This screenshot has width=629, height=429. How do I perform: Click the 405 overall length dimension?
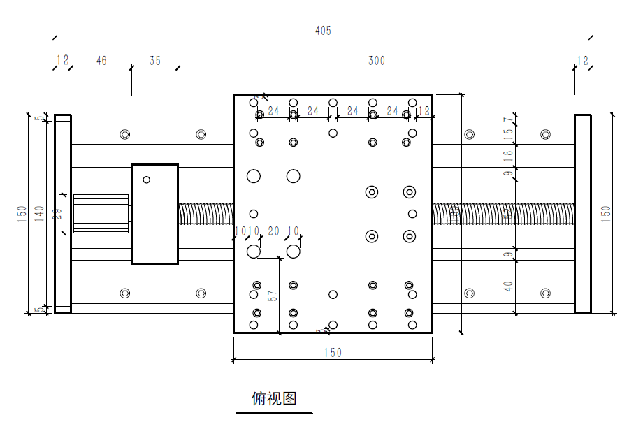coord(323,31)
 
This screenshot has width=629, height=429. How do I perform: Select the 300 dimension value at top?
coord(377,61)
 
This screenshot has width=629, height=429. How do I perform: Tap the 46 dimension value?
coord(101,61)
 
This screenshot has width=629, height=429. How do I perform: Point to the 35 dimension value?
coord(154,61)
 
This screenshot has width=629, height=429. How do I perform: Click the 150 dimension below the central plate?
coord(333,353)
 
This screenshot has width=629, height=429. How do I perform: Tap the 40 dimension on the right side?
coord(509,286)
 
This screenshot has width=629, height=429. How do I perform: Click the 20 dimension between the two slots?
coord(273,231)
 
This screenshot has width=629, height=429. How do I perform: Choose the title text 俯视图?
coord(274,398)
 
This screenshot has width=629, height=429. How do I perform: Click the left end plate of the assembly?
coord(63,214)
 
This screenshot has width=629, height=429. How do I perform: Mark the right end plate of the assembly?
coord(583,214)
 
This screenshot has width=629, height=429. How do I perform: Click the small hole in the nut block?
coord(147,180)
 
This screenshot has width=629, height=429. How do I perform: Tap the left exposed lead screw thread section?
coord(205,214)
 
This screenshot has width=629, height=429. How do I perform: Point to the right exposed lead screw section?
coord(503,214)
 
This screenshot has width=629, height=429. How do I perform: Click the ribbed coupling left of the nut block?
coord(101,214)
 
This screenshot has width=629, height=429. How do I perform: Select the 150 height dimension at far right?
coord(606,213)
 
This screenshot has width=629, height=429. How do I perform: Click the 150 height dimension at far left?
coord(22,213)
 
